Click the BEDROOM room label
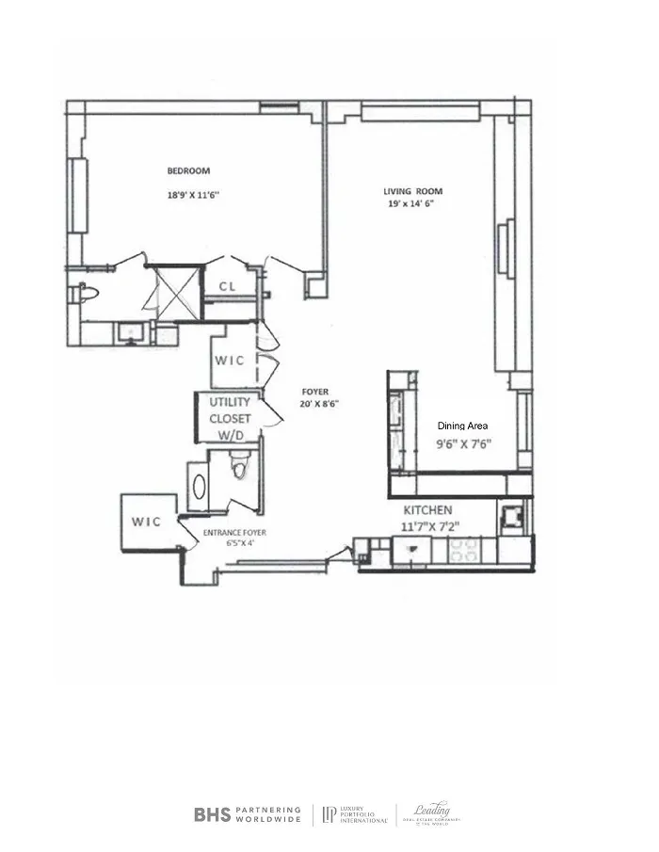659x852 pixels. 188,171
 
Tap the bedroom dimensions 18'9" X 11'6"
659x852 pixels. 188,195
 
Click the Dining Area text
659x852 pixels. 462,426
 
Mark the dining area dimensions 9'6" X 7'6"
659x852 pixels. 464,444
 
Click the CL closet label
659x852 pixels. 227,286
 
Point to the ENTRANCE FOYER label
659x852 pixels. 235,533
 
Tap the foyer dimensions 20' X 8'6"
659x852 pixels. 320,404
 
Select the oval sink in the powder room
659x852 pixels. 200,486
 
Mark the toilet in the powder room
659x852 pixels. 239,466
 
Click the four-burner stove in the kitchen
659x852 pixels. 464,550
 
